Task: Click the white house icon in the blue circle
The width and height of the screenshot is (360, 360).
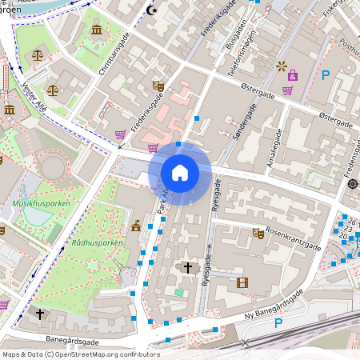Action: coord(180,173)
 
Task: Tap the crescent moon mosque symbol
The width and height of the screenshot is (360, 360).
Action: coord(153,11)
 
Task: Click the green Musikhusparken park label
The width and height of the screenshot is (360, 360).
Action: coord(42,204)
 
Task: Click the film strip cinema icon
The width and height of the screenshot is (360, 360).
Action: coord(242,282)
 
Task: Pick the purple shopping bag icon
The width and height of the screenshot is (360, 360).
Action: coord(293,76)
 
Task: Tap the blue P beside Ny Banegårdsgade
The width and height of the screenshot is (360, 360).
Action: coord(278,323)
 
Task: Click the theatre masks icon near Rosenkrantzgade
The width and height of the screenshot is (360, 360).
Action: coord(258,234)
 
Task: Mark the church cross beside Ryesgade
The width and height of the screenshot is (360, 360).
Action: coord(188,267)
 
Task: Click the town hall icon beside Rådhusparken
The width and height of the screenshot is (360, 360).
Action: coord(136,226)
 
